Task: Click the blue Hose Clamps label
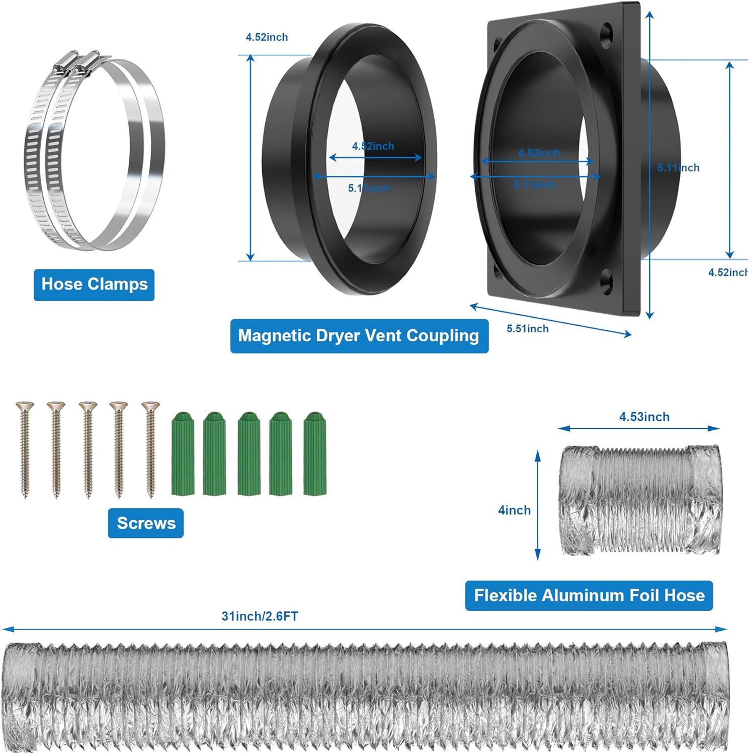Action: [x=94, y=285]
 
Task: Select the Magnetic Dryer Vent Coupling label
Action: [x=359, y=336]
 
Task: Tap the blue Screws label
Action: [x=146, y=523]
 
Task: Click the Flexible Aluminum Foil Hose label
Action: [x=589, y=596]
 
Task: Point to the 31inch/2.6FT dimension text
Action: [x=260, y=616]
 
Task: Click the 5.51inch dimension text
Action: [x=527, y=329]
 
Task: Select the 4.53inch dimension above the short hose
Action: [x=644, y=417]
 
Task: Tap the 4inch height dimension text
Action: [x=514, y=510]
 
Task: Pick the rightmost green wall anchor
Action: [x=315, y=454]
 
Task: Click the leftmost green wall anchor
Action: [x=183, y=454]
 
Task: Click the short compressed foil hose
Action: [x=640, y=500]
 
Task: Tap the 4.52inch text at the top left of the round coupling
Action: [x=267, y=37]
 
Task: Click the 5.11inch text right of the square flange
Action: [x=678, y=168]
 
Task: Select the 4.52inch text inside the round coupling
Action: [x=373, y=146]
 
